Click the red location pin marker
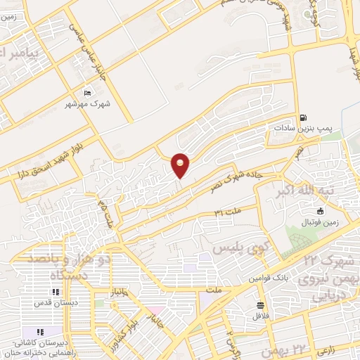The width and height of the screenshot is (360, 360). pyautogui.click(x=181, y=164)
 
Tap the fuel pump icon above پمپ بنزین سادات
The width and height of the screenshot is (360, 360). pyautogui.click(x=303, y=117)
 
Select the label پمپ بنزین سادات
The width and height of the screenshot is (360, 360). pyautogui.click(x=302, y=129)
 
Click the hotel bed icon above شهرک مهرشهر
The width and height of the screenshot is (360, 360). pyautogui.click(x=87, y=94)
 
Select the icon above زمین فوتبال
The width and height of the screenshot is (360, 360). pyautogui.click(x=321, y=211)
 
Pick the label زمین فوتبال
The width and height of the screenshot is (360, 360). pyautogui.click(x=321, y=222)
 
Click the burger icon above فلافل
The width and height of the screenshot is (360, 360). pyautogui.click(x=261, y=305)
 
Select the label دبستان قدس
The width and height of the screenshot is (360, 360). pyautogui.click(x=55, y=304)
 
